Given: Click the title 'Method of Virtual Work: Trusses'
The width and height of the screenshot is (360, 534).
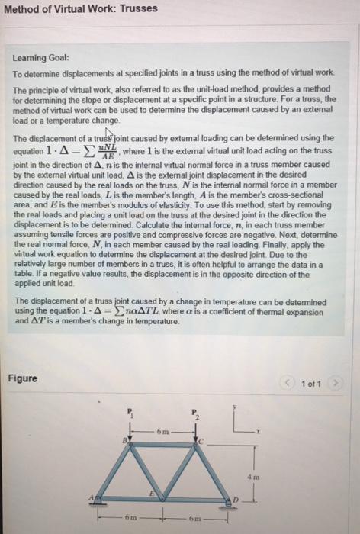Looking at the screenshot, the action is pyautogui.click(x=80, y=8).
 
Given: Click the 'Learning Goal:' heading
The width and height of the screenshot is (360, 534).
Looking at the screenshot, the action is pyautogui.click(x=40, y=57).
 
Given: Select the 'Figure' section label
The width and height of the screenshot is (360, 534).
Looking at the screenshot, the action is pyautogui.click(x=23, y=379).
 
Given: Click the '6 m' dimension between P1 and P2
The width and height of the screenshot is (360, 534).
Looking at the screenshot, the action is pyautogui.click(x=162, y=433).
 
